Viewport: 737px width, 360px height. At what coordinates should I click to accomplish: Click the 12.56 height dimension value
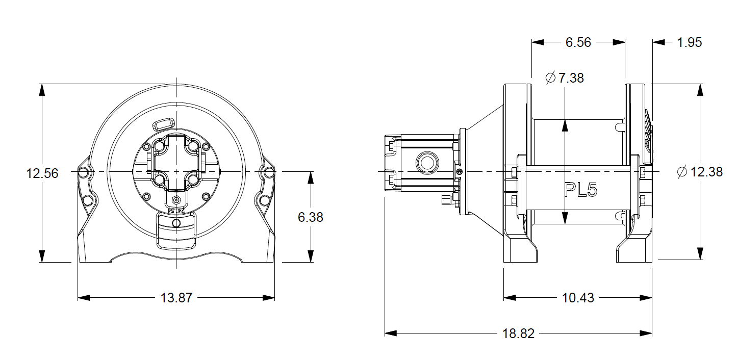(42, 173)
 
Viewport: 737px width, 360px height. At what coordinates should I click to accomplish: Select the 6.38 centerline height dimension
(310, 217)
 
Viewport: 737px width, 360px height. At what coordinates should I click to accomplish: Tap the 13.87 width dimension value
(176, 298)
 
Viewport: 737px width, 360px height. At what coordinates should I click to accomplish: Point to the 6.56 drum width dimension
(578, 42)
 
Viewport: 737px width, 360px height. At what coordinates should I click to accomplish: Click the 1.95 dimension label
(689, 42)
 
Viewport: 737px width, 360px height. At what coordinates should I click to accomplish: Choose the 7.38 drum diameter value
(571, 78)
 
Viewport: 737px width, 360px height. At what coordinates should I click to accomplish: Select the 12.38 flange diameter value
(706, 172)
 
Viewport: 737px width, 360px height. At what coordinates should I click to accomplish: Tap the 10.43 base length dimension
(578, 298)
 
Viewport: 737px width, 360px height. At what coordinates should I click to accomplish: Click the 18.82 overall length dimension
(518, 333)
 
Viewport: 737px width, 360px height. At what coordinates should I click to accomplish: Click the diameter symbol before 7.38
(550, 78)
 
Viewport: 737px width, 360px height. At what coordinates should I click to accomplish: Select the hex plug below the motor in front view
(176, 199)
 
